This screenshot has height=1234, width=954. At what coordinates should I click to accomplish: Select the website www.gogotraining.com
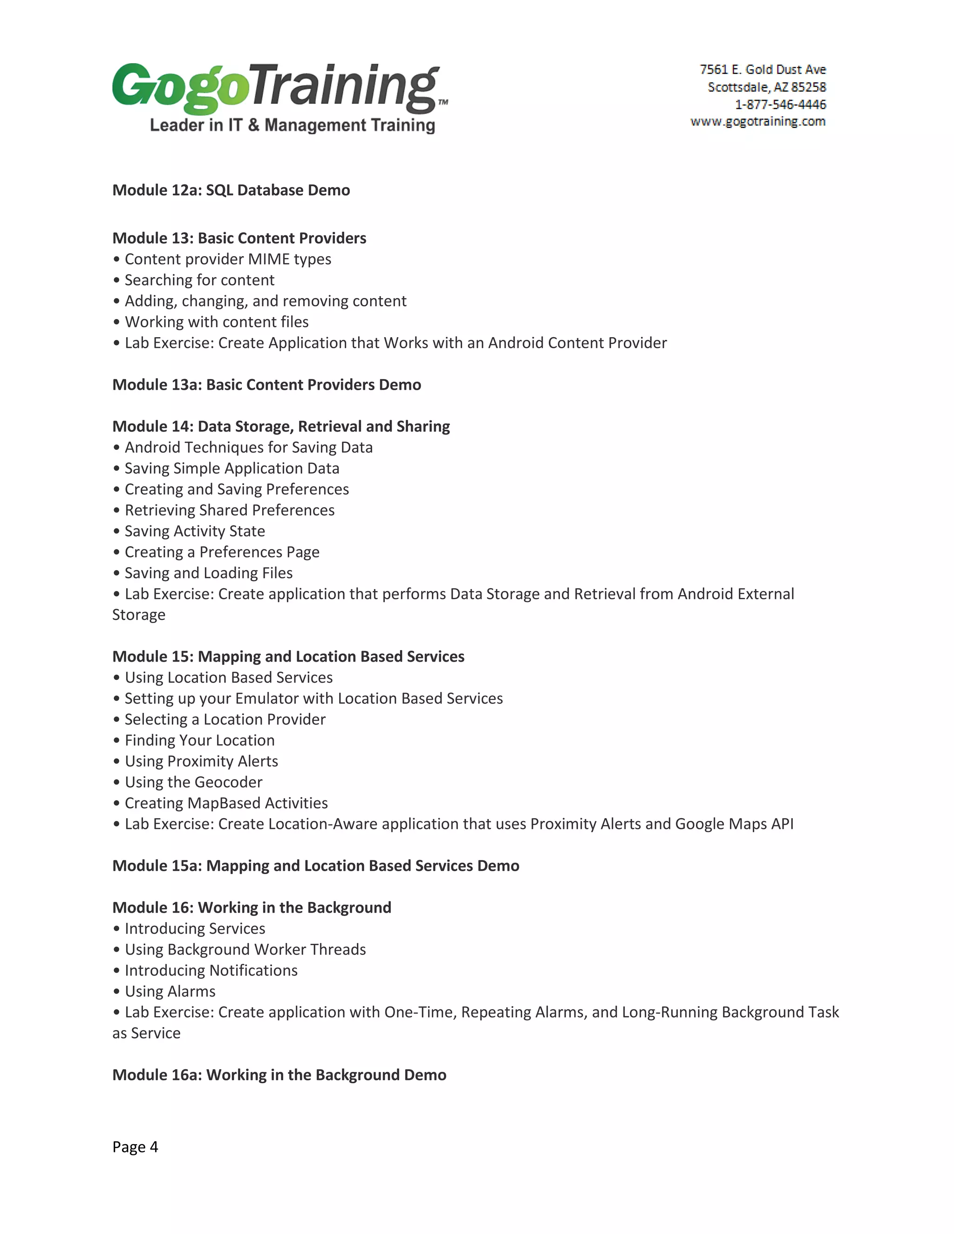pos(758,122)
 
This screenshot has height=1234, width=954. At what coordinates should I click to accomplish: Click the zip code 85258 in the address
pos(808,87)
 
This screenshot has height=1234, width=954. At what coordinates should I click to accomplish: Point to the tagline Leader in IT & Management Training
pos(292,125)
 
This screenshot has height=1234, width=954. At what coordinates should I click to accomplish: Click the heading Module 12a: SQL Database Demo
pos(231,190)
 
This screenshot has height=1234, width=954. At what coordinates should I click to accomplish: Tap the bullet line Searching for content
pos(199,280)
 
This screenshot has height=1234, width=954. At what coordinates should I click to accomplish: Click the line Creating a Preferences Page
pos(222,552)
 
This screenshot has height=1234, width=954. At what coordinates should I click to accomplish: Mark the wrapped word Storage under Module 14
pos(138,615)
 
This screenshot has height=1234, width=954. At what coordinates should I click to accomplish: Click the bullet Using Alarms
pos(170,991)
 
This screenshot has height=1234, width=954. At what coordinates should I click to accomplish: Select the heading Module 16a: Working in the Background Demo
pos(279,1075)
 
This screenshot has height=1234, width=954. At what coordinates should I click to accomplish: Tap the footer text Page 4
pos(135,1147)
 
